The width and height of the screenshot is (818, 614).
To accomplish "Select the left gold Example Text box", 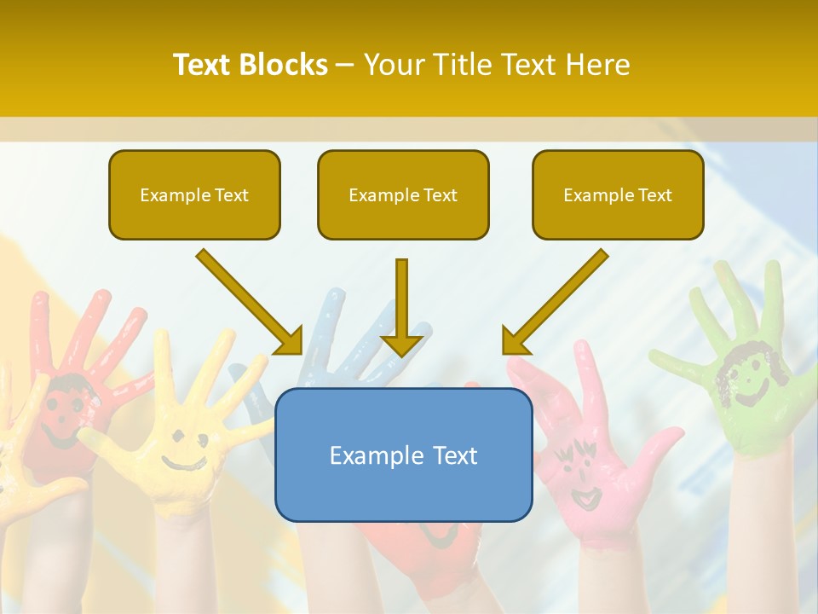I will (194, 194).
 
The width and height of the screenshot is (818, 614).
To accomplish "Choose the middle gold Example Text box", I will (403, 194).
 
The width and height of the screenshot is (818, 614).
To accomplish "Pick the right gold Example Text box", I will (618, 194).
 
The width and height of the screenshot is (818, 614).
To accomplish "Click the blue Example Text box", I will (403, 455).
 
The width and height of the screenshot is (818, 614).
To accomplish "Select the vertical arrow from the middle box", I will (401, 307).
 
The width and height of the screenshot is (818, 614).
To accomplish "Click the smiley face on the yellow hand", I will (183, 452).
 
